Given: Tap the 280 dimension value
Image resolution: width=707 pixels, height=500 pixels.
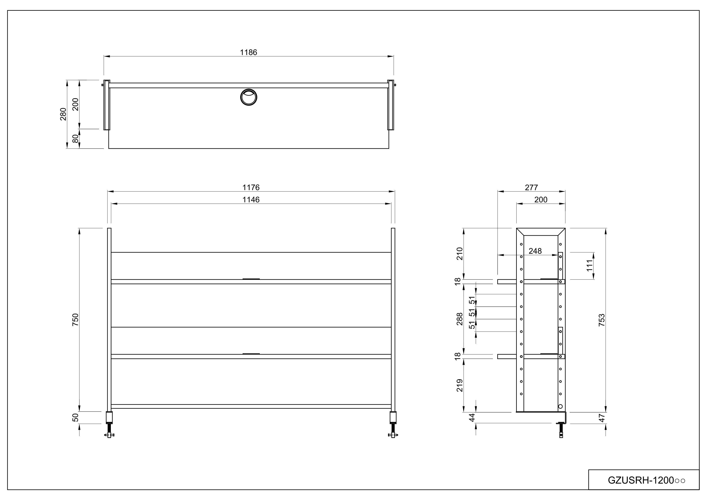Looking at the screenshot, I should coord(63,114).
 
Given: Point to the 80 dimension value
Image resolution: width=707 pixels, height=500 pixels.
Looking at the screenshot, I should coord(75,139).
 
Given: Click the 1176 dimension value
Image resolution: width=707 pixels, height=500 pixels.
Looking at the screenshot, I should coord(251,187).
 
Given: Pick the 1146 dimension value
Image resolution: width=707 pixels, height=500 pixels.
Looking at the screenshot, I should coord(251,200).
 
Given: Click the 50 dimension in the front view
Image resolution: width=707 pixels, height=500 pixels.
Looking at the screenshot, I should coord(75,417).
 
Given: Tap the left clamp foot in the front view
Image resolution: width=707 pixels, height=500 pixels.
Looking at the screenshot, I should coord(109,425).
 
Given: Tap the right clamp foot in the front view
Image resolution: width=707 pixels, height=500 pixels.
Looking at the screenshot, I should coord(393,425).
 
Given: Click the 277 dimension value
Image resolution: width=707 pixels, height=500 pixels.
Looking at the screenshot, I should coord(531,187).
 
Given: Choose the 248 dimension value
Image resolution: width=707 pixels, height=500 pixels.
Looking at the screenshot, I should coord(535,251).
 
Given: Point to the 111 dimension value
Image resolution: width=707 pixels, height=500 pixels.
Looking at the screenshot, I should coord(589,266).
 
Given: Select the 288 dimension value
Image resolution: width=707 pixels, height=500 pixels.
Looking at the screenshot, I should coord(460,319).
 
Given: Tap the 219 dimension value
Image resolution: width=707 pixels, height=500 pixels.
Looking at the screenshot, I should coord(460,385).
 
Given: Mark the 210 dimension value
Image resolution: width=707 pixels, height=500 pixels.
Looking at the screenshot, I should coord(460,254).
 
